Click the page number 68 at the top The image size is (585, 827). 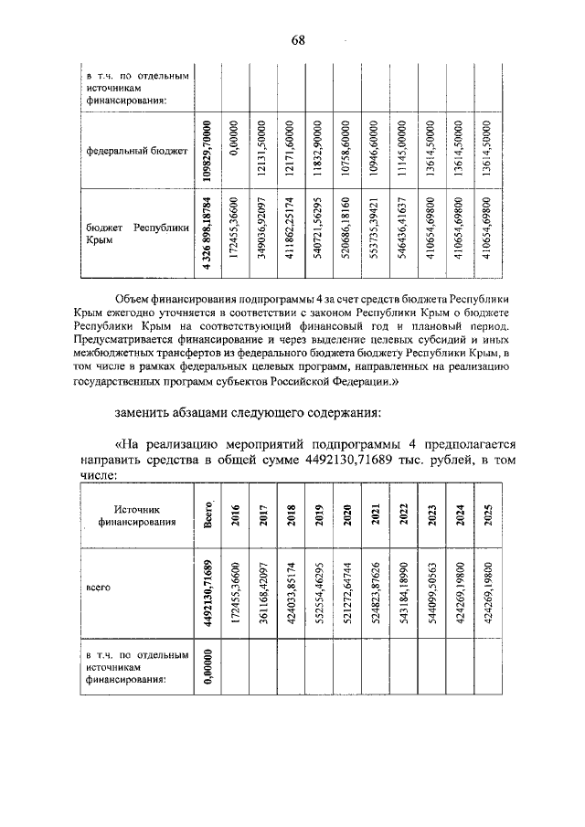click(x=298, y=38)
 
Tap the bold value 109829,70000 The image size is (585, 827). click(x=208, y=149)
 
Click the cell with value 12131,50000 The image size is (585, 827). click(x=261, y=149)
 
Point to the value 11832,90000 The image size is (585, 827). click(x=317, y=149)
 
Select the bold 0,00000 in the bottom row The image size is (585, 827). click(x=208, y=669)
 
